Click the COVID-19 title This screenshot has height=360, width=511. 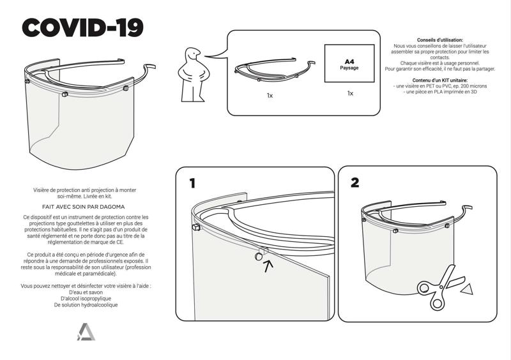pos(82,27)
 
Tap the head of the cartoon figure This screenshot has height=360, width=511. pos(192,55)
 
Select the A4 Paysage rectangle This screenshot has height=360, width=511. pos(349,63)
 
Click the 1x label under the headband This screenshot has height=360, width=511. pos(270,95)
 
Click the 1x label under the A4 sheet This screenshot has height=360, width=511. pos(350,93)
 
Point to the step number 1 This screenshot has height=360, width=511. pos(191,183)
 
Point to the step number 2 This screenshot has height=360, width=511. pos(355,183)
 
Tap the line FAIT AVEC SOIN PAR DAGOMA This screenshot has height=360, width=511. pos(83,207)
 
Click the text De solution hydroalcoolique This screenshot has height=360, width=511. pos(86,305)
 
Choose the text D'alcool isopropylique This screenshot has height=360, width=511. pos(86,298)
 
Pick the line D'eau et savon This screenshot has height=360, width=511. pos(86,292)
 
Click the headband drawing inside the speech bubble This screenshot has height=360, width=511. pos(274,70)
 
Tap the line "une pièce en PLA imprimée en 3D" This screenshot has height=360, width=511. pos(441,92)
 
